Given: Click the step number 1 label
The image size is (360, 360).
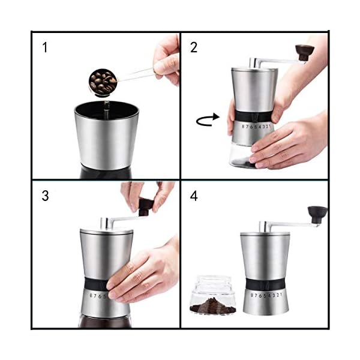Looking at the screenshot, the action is pos(45,47).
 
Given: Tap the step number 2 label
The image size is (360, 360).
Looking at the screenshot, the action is pos(194,47).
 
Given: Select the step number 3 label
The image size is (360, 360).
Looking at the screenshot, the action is pos(45,196).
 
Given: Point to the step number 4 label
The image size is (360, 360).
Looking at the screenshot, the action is pos(194,196).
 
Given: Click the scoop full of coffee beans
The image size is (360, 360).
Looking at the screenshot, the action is pos(103,82).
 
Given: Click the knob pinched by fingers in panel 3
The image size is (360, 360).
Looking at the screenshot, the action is pos(145,208).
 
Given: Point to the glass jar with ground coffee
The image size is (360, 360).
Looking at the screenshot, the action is pos(213,295).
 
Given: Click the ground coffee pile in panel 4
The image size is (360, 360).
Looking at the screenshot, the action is pos(213,305).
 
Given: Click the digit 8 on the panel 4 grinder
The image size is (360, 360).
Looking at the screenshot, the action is pos(252,295).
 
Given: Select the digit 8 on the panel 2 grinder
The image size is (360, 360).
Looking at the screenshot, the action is pos(244,127).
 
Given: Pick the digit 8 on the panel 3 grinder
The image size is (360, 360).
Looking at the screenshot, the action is pos(91,295).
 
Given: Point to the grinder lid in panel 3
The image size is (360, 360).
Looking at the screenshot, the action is pos(107,231).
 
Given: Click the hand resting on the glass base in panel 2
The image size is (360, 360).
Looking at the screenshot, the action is pos(289,144).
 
